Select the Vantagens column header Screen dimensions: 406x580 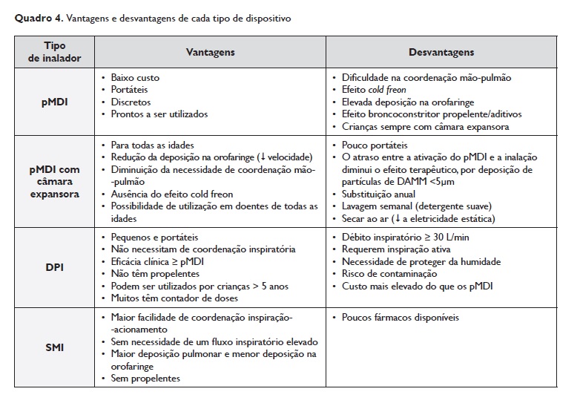point(210,53)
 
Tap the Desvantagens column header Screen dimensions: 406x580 point(441,53)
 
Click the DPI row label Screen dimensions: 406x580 point(55,267)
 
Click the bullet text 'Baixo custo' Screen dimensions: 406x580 point(135,77)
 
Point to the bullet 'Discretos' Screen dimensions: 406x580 point(131,102)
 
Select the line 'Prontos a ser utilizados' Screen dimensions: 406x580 point(159,114)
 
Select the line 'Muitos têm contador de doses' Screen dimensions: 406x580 point(174,298)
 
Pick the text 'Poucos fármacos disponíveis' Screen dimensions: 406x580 point(401,318)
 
